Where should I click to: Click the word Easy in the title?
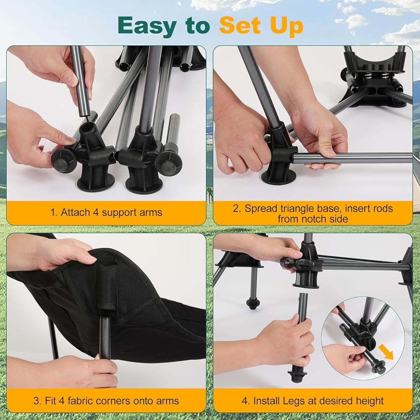point(147,26)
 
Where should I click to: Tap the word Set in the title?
point(240,26)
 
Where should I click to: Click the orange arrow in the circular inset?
point(386,352)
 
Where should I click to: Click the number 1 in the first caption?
point(53,213)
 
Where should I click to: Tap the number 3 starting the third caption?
point(37,401)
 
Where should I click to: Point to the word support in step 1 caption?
point(118,213)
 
